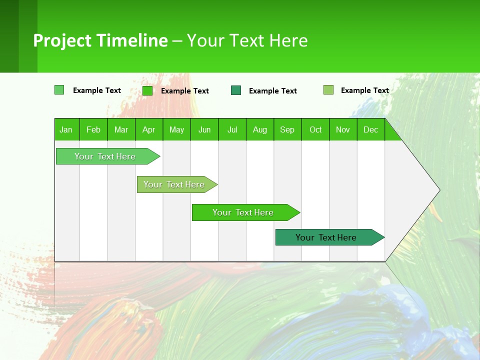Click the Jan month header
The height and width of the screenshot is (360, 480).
pos(66,129)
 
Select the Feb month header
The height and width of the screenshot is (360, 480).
pos(93,129)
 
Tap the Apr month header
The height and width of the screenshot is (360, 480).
pos(148,129)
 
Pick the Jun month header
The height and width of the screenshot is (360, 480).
pos(204,129)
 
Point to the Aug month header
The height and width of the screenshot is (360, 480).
pos(259,129)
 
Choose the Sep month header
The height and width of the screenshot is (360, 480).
pos(287,129)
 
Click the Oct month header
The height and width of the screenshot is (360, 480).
pos(315,129)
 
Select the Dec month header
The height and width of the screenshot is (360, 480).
pos(370,129)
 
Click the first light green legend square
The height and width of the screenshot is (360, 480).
pos(59,90)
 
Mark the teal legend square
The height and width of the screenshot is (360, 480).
pos(236,90)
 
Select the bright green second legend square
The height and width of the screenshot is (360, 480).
pos(147,90)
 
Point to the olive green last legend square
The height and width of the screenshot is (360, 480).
pos(328,90)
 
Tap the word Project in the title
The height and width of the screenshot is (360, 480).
pos(61,40)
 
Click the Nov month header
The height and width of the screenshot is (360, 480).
pos(343,129)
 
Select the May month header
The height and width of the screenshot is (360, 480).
pos(176,129)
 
